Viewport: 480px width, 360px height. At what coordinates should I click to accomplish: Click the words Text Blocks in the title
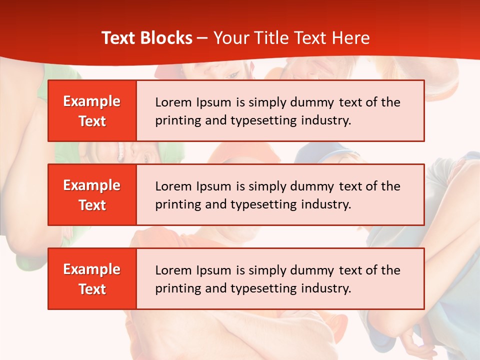pos(146,38)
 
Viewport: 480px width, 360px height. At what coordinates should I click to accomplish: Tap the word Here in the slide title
pos(351,38)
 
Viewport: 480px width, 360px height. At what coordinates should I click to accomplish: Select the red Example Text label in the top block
pos(92,111)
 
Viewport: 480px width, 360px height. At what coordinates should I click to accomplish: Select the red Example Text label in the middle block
pos(92,195)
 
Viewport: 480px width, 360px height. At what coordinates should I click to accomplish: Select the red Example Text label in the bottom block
pos(92,279)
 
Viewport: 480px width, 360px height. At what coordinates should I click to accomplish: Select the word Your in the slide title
pos(230,38)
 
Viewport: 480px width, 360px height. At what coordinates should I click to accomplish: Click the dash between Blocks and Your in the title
pos(203,38)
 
